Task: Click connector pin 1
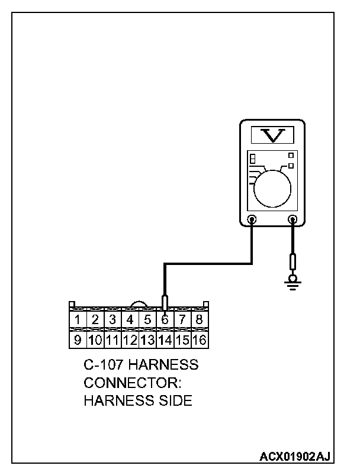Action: pyautogui.click(x=78, y=320)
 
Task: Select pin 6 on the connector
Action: pyautogui.click(x=165, y=320)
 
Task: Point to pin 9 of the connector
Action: pyautogui.click(x=78, y=340)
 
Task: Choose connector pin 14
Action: pyautogui.click(x=165, y=340)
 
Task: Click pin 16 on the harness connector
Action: pyautogui.click(x=200, y=340)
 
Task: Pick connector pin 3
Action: pyautogui.click(x=112, y=320)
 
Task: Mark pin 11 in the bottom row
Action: pyautogui.click(x=112, y=340)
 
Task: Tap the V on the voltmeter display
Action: pyautogui.click(x=272, y=135)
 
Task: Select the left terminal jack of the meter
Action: pyautogui.click(x=252, y=220)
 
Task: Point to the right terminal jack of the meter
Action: pyautogui.click(x=292, y=220)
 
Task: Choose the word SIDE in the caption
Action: pyautogui.click(x=174, y=400)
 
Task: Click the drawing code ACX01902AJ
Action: pyautogui.click(x=295, y=457)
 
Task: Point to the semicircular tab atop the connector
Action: pyautogui.click(x=139, y=304)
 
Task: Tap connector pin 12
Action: pyautogui.click(x=130, y=340)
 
